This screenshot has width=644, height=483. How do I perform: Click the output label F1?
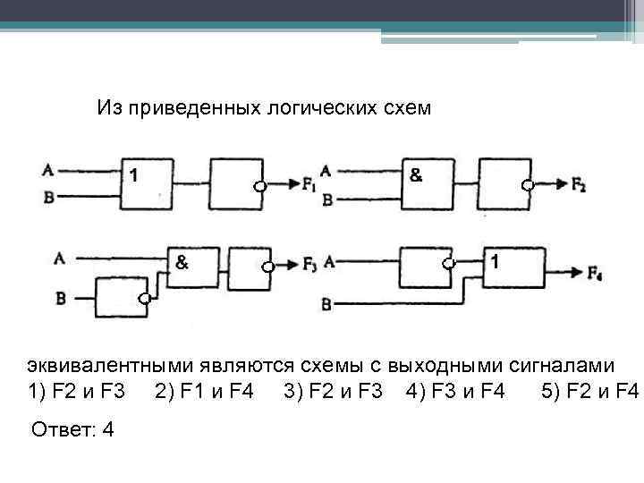click(309, 186)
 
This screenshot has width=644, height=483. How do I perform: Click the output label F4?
click(595, 272)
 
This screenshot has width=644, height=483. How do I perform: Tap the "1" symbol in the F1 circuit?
click(133, 174)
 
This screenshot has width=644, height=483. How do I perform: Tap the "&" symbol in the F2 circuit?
click(416, 174)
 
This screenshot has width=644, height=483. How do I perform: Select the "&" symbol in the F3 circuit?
click(182, 263)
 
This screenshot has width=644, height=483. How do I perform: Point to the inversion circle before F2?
click(529, 186)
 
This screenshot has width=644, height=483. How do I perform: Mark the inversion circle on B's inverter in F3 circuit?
click(143, 299)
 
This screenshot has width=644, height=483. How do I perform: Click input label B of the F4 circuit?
click(327, 304)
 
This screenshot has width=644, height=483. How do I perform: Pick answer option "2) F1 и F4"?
click(204, 391)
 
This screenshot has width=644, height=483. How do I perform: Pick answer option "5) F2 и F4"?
click(590, 391)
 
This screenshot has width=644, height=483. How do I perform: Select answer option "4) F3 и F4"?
click(455, 391)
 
